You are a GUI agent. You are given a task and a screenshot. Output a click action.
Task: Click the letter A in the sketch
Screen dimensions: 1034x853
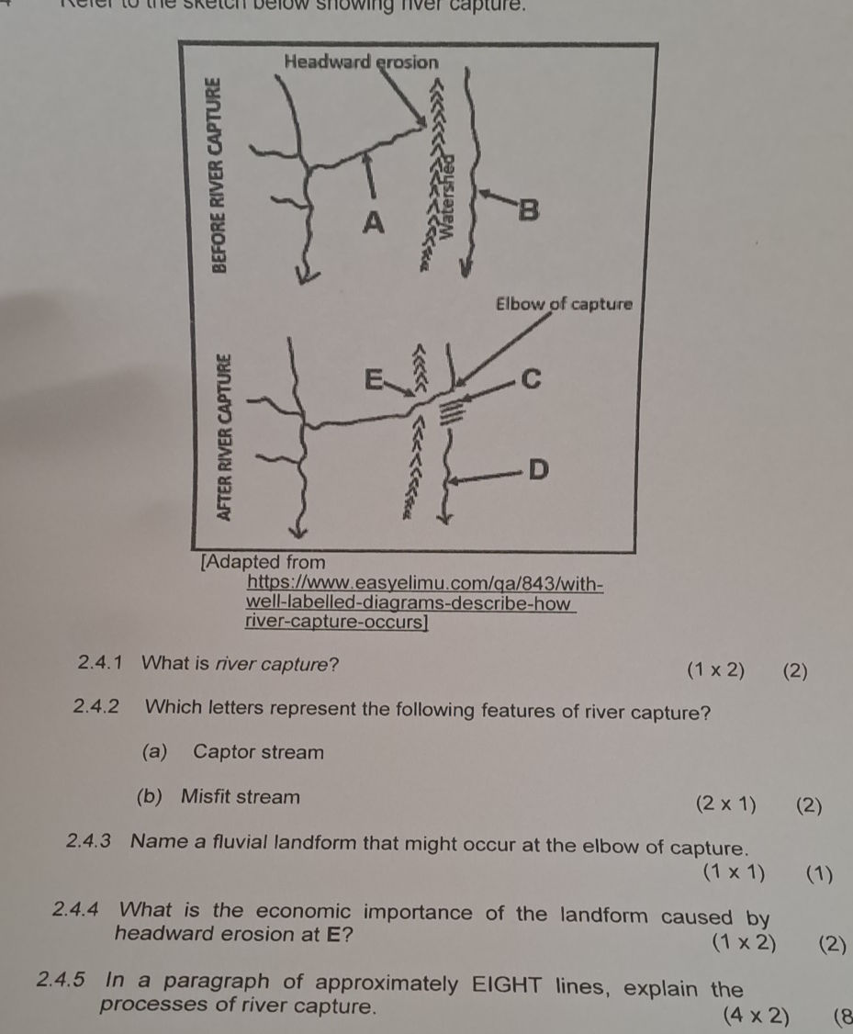(373, 221)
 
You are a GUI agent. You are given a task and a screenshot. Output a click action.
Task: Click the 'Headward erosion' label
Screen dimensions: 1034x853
(362, 62)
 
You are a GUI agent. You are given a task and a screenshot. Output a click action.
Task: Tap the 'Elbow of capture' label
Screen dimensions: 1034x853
(564, 303)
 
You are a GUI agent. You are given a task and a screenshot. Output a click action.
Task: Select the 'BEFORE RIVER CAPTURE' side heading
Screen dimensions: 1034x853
(218, 174)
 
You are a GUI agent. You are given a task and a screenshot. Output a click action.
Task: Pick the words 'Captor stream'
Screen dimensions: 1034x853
(259, 753)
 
